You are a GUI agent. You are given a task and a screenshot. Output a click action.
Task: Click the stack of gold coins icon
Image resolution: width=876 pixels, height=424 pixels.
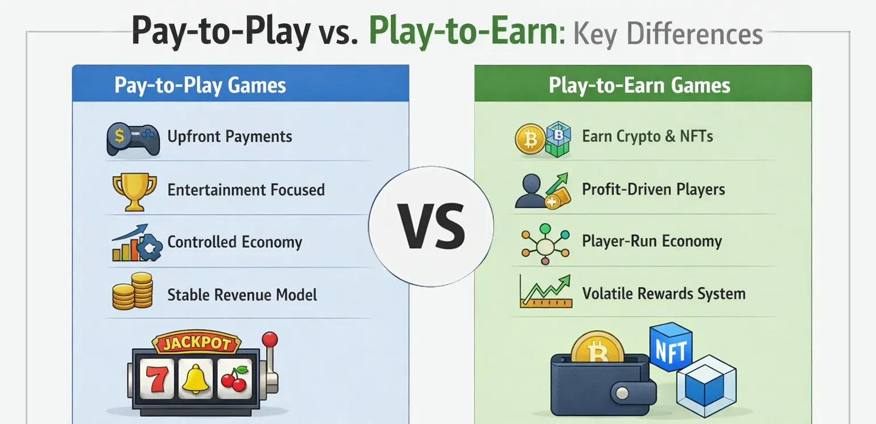click(x=132, y=291)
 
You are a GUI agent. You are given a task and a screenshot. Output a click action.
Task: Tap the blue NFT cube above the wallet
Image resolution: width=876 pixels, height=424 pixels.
click(x=671, y=346)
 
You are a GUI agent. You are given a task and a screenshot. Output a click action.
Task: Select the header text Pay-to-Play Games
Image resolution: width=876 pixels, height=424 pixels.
click(x=200, y=85)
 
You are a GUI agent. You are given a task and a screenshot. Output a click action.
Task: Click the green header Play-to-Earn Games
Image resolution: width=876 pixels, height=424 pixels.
click(x=639, y=86)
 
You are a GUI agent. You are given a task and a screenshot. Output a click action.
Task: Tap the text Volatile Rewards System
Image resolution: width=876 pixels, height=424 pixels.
click(x=663, y=294)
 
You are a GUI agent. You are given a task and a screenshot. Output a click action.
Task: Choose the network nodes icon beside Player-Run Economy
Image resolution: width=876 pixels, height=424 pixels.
click(x=545, y=243)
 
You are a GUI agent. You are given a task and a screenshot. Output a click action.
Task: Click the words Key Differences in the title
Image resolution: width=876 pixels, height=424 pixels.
click(x=667, y=34)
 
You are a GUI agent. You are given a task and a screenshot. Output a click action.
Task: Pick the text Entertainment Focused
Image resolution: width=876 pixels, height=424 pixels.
click(x=246, y=190)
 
